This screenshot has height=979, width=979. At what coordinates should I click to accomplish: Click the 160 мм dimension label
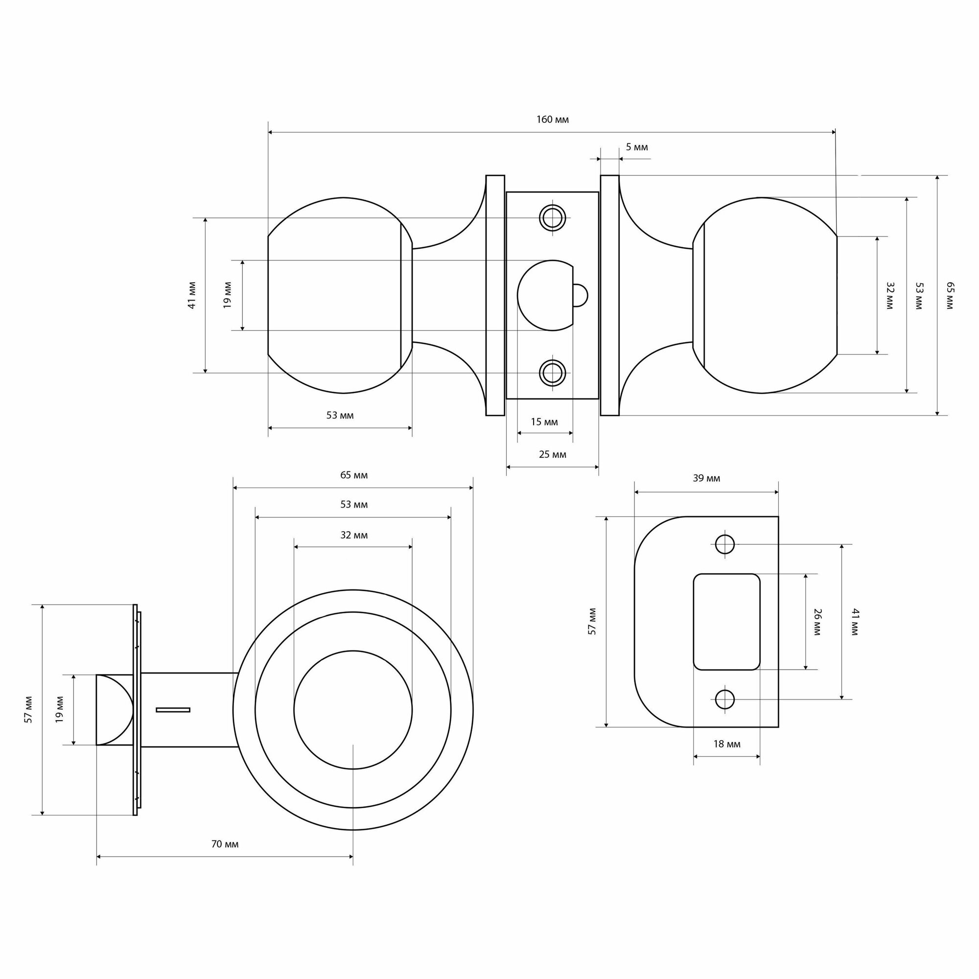click(552, 120)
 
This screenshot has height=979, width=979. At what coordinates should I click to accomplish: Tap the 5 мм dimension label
click(636, 147)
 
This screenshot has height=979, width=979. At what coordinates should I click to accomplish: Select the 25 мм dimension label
click(552, 455)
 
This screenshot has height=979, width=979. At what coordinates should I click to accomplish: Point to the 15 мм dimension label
click(544, 422)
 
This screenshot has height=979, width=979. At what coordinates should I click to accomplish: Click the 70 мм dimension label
click(225, 844)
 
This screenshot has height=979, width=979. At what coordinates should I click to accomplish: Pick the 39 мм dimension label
click(706, 478)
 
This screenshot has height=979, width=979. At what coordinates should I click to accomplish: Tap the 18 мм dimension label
click(726, 744)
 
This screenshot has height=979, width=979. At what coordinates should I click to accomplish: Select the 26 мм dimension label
click(817, 622)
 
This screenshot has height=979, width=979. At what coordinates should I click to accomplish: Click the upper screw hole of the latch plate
click(552, 218)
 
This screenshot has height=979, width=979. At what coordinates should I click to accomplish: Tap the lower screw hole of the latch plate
click(552, 373)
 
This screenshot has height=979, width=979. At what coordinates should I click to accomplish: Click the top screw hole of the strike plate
click(724, 544)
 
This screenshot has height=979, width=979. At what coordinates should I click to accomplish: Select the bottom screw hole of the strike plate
click(724, 699)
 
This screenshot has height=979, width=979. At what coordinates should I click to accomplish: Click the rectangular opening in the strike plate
click(726, 622)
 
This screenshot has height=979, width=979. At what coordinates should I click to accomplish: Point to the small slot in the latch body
click(173, 710)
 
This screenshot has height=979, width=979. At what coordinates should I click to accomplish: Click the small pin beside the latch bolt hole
click(580, 296)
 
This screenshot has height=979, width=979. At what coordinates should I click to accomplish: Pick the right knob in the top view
click(765, 296)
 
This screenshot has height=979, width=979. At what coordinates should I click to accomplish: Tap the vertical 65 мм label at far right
click(950, 296)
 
